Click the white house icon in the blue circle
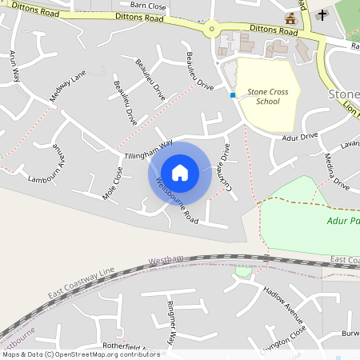coord(180,172)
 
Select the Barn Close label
coord(148,6)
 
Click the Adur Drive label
coord(300,138)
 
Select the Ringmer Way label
coord(170,322)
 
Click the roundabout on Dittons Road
coord(212,30)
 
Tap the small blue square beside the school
coord(233,95)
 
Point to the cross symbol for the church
coord(322,14)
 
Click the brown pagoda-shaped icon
coord(290,18)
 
